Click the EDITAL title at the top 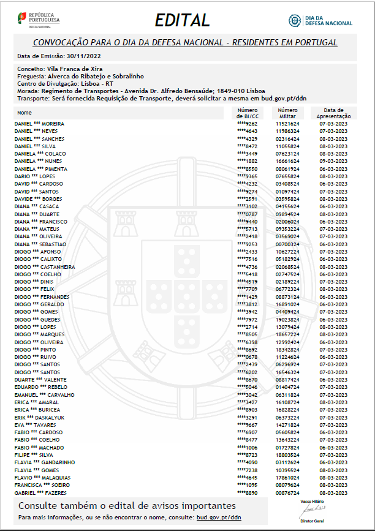182,20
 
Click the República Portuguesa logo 38,20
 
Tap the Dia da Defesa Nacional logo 320,20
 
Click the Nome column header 25,113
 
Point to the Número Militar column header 287,113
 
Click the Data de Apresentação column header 333,113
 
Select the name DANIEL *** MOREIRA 39,124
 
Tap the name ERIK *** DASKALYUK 39,417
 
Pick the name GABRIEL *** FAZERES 41,492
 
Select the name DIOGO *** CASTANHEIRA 45,267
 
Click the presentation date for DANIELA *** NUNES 333,161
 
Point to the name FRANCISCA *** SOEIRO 42,485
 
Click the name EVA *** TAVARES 36,424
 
